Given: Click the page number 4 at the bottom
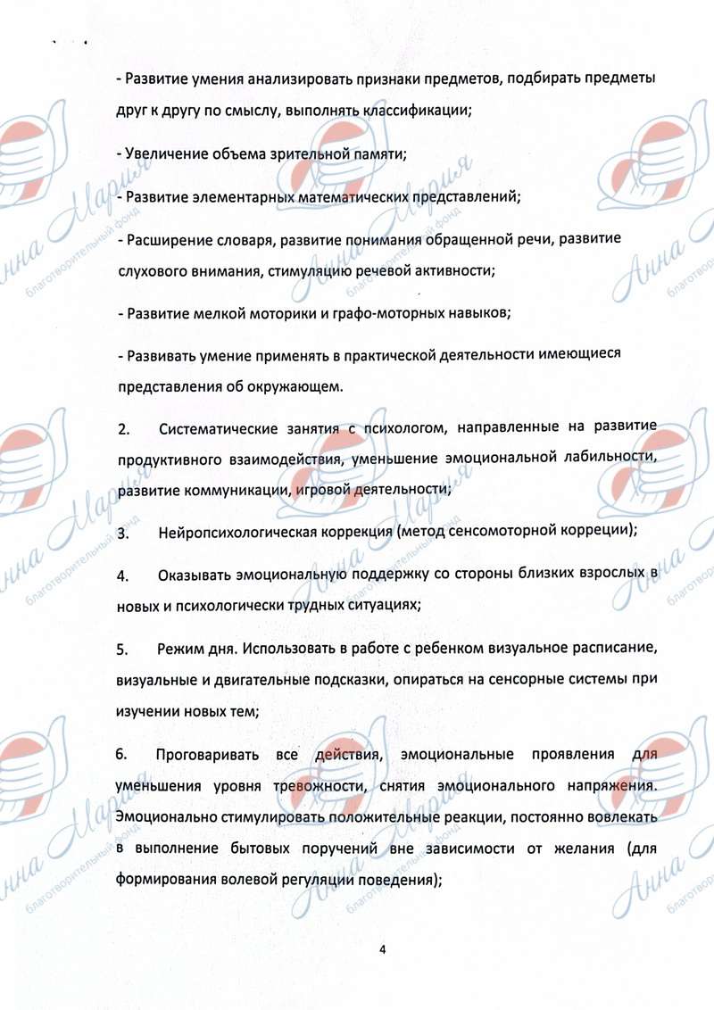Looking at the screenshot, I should coord(381,948).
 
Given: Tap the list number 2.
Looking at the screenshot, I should coord(122,430).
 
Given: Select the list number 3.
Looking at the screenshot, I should coord(122,533).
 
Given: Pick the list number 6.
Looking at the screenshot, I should coord(122,755).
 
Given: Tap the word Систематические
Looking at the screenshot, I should coord(218,430).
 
